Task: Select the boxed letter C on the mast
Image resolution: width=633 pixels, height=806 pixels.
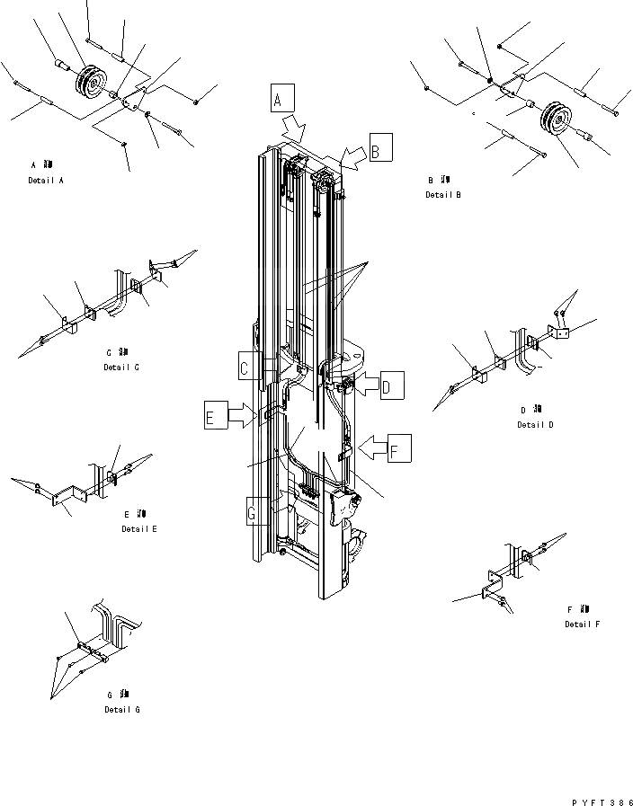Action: pyautogui.click(x=249, y=367)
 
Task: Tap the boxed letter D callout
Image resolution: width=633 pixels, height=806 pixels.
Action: pyautogui.click(x=391, y=385)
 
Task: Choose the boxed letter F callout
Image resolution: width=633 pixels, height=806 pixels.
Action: pyautogui.click(x=400, y=447)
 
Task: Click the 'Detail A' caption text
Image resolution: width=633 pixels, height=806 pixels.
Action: pyautogui.click(x=46, y=181)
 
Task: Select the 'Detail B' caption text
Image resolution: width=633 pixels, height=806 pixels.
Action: pyautogui.click(x=443, y=194)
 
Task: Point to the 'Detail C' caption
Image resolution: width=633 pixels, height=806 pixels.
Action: pyautogui.click(x=121, y=367)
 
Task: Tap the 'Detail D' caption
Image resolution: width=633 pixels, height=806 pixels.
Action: pyautogui.click(x=535, y=424)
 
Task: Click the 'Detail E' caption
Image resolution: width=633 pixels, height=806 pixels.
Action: pyautogui.click(x=139, y=528)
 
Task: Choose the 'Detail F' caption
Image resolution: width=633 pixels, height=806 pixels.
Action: pyautogui.click(x=582, y=624)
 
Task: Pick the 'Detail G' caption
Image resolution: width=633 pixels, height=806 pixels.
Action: pyautogui.click(x=121, y=709)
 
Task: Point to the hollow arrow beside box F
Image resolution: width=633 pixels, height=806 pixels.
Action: pyautogui.click(x=371, y=444)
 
